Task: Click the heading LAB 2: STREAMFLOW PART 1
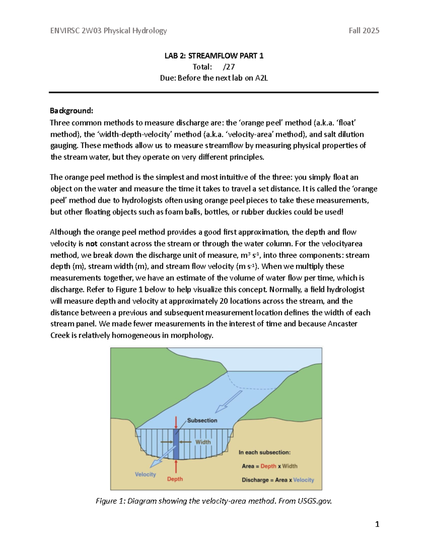(x=214, y=56)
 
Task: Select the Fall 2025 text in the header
(x=364, y=31)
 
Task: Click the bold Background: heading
(x=71, y=111)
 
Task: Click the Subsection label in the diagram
(x=202, y=420)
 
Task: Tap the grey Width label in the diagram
(x=203, y=442)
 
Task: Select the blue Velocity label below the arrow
(x=145, y=474)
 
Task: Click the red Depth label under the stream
(x=175, y=479)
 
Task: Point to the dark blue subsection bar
(x=176, y=444)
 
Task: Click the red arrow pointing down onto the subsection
(x=176, y=422)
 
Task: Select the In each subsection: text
(x=264, y=452)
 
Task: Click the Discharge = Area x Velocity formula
(x=278, y=480)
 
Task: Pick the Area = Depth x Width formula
(x=269, y=466)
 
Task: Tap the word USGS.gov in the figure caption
(x=315, y=501)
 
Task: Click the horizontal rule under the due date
(x=214, y=92)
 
